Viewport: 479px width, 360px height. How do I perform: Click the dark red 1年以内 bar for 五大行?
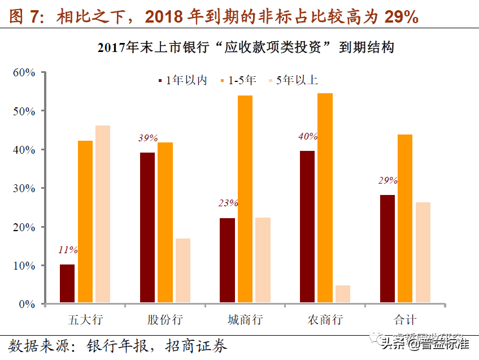tap(67, 284)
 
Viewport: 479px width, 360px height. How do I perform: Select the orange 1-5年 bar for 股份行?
tap(166, 223)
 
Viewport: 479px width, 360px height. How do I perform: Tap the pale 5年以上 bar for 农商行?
tap(343, 294)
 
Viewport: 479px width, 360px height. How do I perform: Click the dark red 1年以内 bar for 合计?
tap(387, 249)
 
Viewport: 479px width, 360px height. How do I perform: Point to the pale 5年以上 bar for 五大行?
tap(103, 214)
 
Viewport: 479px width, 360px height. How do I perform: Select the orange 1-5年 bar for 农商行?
tap(325, 198)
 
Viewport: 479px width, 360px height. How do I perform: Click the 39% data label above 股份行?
tap(147, 138)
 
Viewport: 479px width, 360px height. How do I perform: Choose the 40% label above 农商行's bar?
tap(308, 136)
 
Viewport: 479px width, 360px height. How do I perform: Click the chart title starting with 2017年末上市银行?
tap(245, 47)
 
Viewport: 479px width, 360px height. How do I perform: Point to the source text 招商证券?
tap(198, 345)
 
